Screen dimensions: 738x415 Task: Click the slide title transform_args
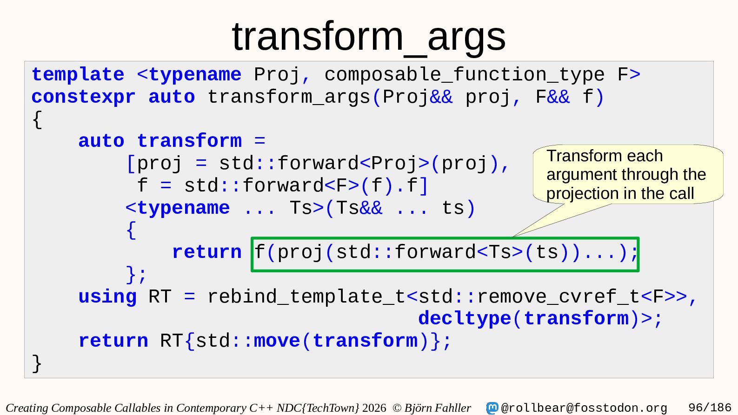(x=369, y=37)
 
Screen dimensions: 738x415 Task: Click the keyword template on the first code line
(x=78, y=74)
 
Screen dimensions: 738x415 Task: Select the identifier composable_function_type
(x=465, y=75)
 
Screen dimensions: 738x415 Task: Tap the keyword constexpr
(x=84, y=98)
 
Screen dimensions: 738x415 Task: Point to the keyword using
(x=107, y=297)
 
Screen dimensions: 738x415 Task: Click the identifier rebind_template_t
(x=306, y=297)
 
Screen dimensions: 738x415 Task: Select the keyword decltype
(x=465, y=319)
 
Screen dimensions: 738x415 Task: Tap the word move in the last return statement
(x=277, y=341)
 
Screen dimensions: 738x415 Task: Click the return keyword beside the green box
(x=207, y=252)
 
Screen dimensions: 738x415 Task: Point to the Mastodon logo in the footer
(x=492, y=408)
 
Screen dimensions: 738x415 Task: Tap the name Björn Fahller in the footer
(x=438, y=408)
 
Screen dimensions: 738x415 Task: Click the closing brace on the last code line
(x=37, y=363)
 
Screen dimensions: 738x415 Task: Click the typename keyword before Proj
(x=195, y=75)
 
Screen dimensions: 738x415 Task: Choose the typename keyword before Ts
(x=184, y=209)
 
